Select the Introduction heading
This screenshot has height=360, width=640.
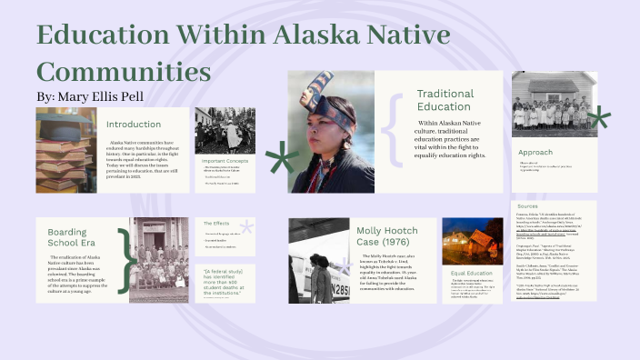click(134, 124)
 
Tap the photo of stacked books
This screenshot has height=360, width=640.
click(66, 149)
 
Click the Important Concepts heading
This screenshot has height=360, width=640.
click(225, 160)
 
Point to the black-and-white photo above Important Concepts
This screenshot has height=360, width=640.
click(225, 130)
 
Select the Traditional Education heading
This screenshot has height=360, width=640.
click(445, 100)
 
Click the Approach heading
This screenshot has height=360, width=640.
click(535, 152)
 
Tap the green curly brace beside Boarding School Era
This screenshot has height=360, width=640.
click(127, 259)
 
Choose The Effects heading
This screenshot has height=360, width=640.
click(216, 223)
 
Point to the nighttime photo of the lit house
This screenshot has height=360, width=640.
click(473, 240)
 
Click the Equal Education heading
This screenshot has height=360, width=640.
click(472, 273)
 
